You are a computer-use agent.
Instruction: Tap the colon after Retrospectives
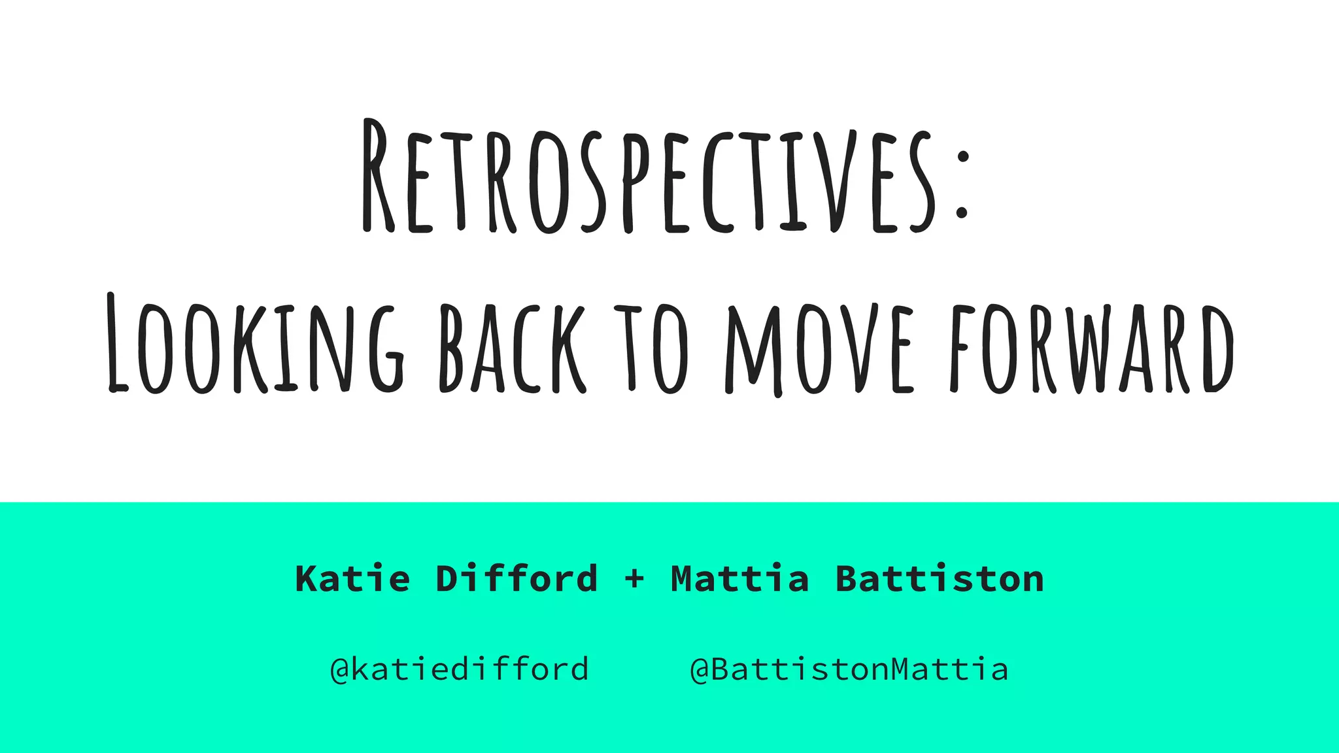[961, 184]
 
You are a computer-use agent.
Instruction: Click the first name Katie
[352, 579]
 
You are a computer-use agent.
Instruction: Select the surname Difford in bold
[517, 579]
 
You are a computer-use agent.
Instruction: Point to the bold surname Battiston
[940, 579]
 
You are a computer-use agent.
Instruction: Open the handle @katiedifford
[460, 669]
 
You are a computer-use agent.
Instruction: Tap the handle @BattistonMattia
[849, 669]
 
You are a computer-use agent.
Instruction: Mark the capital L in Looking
[118, 343]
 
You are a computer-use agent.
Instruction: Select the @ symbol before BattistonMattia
[700, 670]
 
